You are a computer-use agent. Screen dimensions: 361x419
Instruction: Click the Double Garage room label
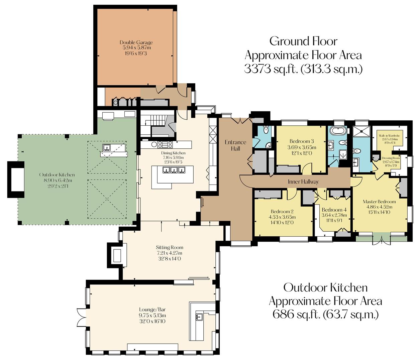click(x=136, y=42)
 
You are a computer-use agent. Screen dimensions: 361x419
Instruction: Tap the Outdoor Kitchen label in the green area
click(x=57, y=175)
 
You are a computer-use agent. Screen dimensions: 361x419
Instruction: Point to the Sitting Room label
click(x=170, y=247)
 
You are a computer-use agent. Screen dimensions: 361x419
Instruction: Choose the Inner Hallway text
click(x=303, y=182)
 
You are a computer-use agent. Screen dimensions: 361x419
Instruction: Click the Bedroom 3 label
click(x=302, y=141)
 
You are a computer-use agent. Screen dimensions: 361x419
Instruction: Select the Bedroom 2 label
click(x=282, y=212)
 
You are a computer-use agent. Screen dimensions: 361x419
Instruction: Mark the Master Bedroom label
click(x=379, y=202)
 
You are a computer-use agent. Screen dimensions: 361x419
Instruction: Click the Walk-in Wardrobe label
click(x=390, y=136)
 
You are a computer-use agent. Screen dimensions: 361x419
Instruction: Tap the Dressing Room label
click(x=391, y=158)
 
